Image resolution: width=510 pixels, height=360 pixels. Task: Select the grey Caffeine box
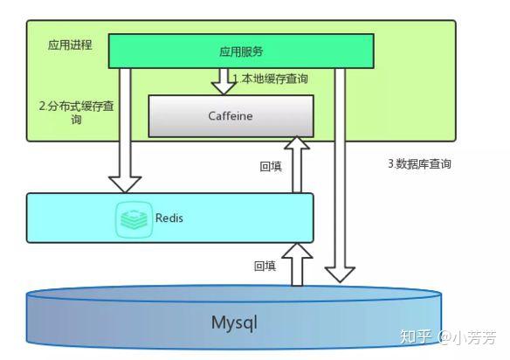[x=231, y=116]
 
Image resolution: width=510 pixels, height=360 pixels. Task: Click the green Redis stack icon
[x=133, y=218]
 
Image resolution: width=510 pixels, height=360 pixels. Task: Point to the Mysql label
[x=234, y=322]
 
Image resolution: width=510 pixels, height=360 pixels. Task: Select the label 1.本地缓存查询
[x=270, y=79]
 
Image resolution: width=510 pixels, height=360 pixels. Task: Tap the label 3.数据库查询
[x=419, y=163]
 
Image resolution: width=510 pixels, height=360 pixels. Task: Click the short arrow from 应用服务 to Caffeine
[x=223, y=81]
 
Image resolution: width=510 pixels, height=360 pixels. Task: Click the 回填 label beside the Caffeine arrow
[x=271, y=166]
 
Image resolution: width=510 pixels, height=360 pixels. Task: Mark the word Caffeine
[x=231, y=116]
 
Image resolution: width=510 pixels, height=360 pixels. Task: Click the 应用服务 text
[x=241, y=52]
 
